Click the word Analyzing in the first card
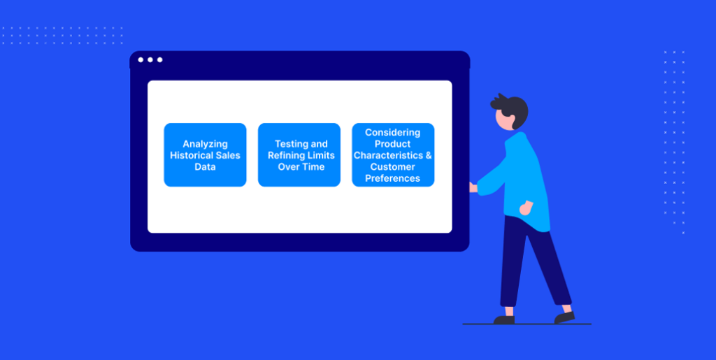[x=205, y=144]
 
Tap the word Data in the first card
[x=205, y=166]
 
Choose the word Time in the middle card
[x=314, y=166]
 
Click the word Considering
[x=393, y=132]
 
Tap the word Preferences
[x=393, y=178]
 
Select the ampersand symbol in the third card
[x=429, y=155]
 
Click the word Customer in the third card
[x=393, y=166]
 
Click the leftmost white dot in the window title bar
[x=141, y=60]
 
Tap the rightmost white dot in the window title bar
[x=160, y=60]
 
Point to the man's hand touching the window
[x=473, y=187]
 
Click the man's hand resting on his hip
[x=527, y=208]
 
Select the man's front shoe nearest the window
[x=504, y=320]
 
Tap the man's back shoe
[x=564, y=317]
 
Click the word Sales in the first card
[x=229, y=155]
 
